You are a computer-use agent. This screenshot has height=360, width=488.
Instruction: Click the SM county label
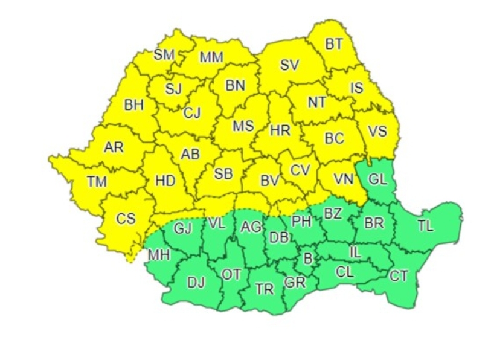pos(164,54)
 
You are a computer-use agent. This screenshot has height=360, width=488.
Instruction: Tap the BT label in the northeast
pos(333,44)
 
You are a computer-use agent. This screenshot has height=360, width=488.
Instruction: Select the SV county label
pos(289,65)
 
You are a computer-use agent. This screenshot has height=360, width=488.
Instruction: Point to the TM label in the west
pos(96,181)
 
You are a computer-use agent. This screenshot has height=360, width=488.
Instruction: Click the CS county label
pos(126,219)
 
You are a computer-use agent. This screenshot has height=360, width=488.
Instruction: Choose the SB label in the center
pos(223,174)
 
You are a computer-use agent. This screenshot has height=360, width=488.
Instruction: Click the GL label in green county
pos(377,179)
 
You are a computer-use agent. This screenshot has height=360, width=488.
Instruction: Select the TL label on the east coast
pos(425,227)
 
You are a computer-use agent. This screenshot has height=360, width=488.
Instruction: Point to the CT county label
pos(399,276)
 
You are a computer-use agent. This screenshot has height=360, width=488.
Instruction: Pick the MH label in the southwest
pos(159,256)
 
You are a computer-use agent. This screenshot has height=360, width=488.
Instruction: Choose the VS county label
pos(377,130)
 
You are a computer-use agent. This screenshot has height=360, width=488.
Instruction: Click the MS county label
pos(243,126)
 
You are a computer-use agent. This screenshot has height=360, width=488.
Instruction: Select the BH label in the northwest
pos(134,105)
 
